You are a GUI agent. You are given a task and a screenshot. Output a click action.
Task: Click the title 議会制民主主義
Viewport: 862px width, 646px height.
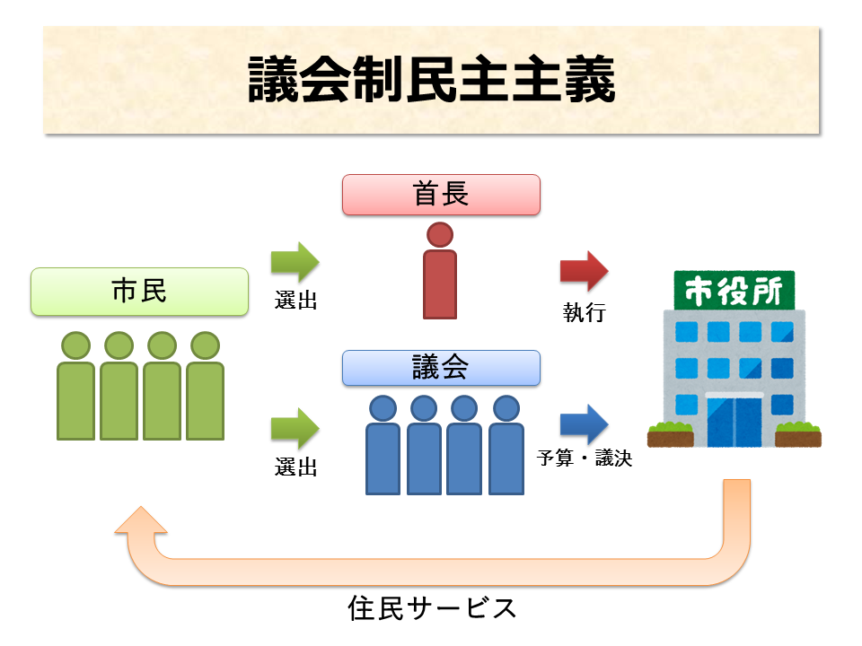(x=431, y=82)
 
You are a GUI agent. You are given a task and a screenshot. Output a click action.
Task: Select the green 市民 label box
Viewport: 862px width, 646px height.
(x=139, y=292)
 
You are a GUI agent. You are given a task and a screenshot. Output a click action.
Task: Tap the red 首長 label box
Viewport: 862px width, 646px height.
(x=441, y=195)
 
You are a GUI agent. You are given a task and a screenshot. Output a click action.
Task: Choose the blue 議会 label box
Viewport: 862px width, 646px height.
(x=441, y=368)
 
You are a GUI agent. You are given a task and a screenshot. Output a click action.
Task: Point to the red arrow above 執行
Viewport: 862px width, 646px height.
(x=584, y=272)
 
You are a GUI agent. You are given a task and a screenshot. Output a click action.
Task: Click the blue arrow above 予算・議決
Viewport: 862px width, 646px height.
(x=584, y=424)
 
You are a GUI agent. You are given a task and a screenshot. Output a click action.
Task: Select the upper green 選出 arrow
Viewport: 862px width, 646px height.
(x=295, y=262)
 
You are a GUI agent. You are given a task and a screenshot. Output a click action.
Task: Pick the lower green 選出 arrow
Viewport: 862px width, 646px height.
(x=295, y=429)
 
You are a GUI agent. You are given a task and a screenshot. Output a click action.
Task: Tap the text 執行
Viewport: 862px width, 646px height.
(x=584, y=312)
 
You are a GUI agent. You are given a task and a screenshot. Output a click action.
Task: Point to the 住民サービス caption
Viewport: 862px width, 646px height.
(x=432, y=609)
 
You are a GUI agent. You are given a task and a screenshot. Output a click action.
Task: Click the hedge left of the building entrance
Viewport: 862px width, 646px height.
(x=670, y=435)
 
